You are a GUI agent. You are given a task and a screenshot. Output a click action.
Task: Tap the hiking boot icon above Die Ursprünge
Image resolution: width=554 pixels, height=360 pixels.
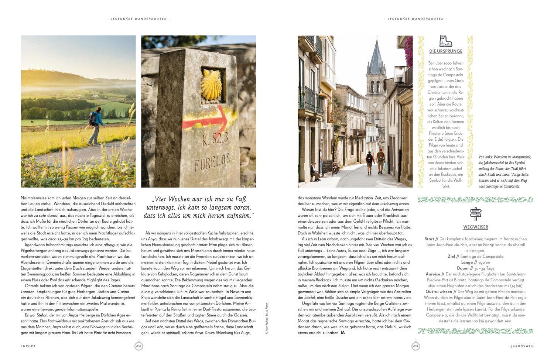(445, 41)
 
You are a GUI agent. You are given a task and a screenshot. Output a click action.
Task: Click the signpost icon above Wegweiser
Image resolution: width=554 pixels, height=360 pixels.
(475, 214)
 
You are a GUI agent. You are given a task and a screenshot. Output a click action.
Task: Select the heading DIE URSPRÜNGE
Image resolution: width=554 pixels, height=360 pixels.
(446, 51)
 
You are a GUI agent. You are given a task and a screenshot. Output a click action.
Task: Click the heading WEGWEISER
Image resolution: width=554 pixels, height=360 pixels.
(475, 227)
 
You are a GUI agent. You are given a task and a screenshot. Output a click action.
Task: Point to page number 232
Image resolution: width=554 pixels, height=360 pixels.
(138, 346)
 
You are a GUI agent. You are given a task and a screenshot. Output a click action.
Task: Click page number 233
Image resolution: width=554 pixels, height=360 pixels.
(415, 346)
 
